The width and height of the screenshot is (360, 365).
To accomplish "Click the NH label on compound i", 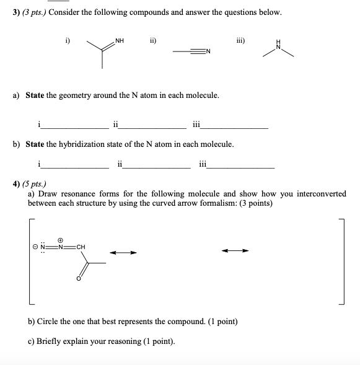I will point(120,42).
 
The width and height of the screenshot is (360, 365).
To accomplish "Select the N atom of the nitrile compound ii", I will point(209,51).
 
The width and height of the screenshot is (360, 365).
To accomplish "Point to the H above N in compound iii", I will point(279,41).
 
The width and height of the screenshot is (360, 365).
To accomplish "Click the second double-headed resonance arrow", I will point(236,251).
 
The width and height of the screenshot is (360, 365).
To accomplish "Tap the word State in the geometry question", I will point(35,95).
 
